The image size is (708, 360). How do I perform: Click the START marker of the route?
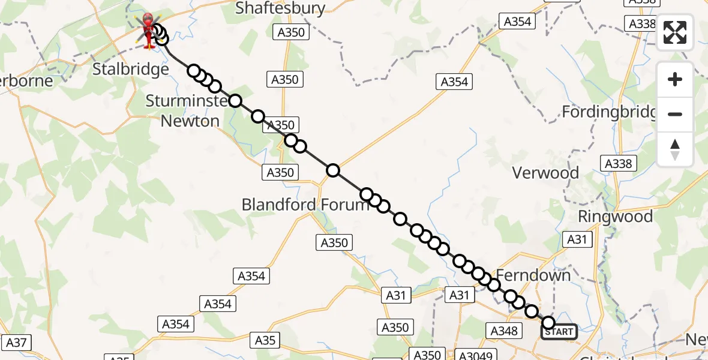coord(559,331)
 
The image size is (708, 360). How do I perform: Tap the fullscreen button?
coord(675,32)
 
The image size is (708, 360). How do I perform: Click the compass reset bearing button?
coord(675,149)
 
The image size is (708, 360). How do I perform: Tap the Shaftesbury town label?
coord(280,8)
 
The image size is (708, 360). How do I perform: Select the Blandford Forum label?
coord(305,205)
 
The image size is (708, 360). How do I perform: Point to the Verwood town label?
coord(545,173)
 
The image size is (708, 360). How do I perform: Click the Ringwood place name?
coord(615,217)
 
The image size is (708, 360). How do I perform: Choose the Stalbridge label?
coord(130,70)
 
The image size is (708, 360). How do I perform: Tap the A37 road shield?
coord(16,343)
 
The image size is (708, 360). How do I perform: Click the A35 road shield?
coord(265,340)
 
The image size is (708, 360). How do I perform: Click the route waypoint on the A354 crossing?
coord(333,170)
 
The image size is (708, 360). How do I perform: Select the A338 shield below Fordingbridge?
coord(620,164)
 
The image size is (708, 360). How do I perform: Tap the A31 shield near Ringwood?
coord(578,240)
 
